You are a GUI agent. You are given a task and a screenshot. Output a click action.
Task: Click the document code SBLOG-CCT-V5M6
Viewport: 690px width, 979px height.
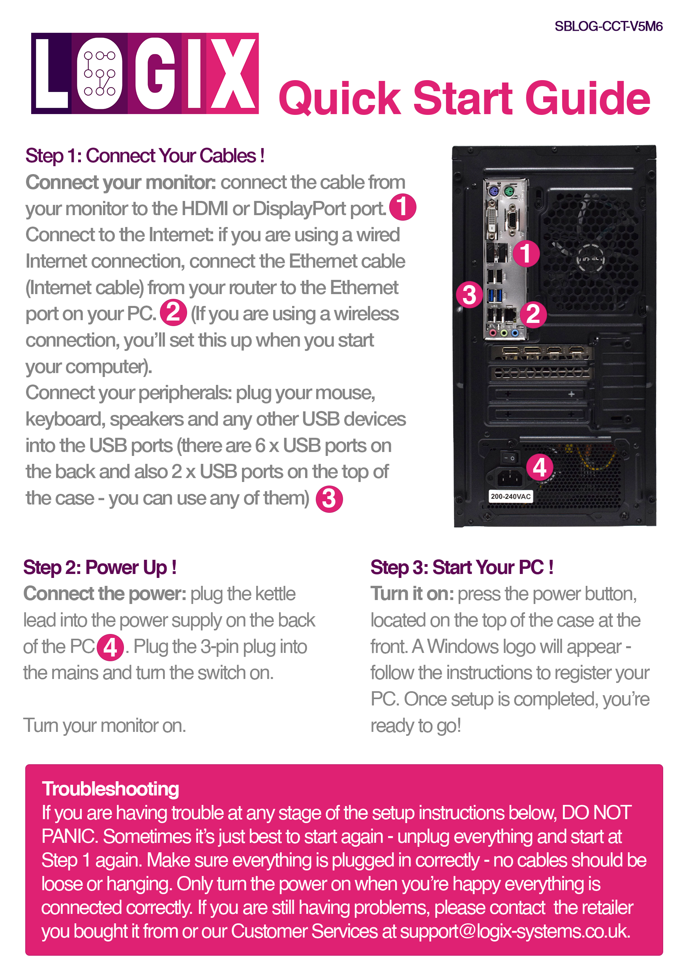608,26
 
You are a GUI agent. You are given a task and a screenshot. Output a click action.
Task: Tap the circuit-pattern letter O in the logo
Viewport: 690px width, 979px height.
99,73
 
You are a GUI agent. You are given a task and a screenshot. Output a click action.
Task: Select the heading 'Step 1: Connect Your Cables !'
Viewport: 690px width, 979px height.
145,156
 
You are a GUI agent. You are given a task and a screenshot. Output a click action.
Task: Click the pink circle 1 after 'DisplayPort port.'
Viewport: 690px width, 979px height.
403,207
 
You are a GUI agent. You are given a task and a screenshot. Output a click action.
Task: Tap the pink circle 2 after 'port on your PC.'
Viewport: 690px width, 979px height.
173,313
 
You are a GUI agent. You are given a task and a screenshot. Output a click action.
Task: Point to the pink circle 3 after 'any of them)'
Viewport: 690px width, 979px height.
329,499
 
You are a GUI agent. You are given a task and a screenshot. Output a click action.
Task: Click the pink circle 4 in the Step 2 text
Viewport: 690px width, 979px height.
110,648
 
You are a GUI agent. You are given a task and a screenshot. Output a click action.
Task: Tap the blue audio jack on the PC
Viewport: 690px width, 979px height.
515,333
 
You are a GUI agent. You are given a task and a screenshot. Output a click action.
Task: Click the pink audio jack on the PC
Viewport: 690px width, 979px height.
494,333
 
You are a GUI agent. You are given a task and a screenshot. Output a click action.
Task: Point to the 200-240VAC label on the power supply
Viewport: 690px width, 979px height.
510,496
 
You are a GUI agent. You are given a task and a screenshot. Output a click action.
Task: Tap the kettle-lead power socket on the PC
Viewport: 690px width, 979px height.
510,478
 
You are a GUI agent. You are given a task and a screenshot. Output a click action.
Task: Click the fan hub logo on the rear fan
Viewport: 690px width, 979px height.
591,259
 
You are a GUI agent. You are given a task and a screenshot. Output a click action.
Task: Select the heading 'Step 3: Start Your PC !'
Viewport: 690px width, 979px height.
462,568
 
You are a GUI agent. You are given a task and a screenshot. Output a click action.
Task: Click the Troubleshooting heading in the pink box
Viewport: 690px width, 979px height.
111,789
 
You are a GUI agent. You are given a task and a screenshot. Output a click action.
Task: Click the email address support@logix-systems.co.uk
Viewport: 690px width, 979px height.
515,932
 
